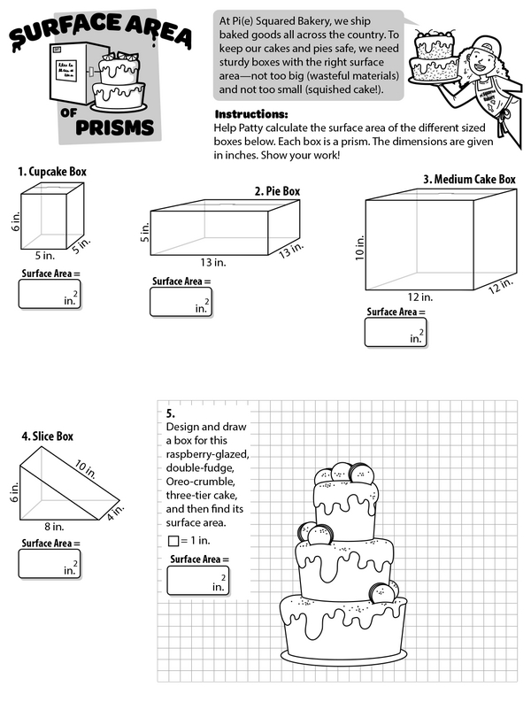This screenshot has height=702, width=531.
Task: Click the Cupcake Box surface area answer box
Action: pyautogui.click(x=49, y=295)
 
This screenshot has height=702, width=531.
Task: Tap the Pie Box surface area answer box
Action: pyautogui.click(x=181, y=303)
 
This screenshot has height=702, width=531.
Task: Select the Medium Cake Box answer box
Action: pyautogui.click(x=395, y=332)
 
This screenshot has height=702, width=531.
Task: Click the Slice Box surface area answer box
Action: pyautogui.click(x=49, y=563)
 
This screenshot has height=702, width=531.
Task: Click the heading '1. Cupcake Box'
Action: pyautogui.click(x=52, y=172)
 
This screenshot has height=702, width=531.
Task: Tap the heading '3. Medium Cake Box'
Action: pyautogui.click(x=468, y=179)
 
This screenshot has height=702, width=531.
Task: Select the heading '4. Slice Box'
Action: pyautogui.click(x=47, y=436)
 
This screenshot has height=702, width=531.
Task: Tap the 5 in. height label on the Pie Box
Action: pyautogui.click(x=144, y=234)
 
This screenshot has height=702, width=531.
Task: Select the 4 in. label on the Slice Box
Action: pyautogui.click(x=118, y=512)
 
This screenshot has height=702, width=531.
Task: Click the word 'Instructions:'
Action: pyautogui.click(x=251, y=115)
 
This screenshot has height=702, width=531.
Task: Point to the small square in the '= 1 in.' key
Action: pyautogui.click(x=173, y=541)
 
